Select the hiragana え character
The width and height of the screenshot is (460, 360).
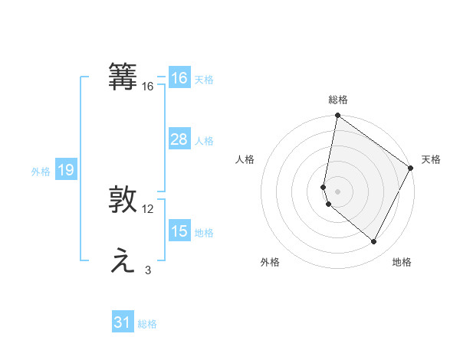pyautogui.click(x=123, y=262)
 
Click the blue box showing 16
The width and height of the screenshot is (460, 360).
pyautogui.click(x=179, y=78)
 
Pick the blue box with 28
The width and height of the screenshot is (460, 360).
pyautogui.click(x=179, y=139)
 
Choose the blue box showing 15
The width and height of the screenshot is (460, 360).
pyautogui.click(x=179, y=231)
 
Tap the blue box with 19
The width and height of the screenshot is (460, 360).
pyautogui.click(x=65, y=170)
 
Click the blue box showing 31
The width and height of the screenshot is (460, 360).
pyautogui.click(x=123, y=322)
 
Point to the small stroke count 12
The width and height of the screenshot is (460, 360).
pyautogui.click(x=148, y=209)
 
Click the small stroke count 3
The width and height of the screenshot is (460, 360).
pyautogui.click(x=148, y=270)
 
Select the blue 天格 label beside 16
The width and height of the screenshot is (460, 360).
pyautogui.click(x=204, y=80)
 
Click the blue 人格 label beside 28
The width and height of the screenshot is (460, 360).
pyautogui.click(x=204, y=141)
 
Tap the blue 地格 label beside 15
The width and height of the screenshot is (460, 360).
pyautogui.click(x=204, y=233)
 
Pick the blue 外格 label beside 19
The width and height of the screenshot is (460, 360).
pyautogui.click(x=41, y=172)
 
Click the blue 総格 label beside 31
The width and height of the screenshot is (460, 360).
pyautogui.click(x=147, y=324)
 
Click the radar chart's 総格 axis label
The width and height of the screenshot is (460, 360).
pyautogui.click(x=338, y=100)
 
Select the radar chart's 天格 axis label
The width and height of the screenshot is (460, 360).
pyautogui.click(x=431, y=159)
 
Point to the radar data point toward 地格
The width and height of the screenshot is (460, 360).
pyautogui.click(x=374, y=242)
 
